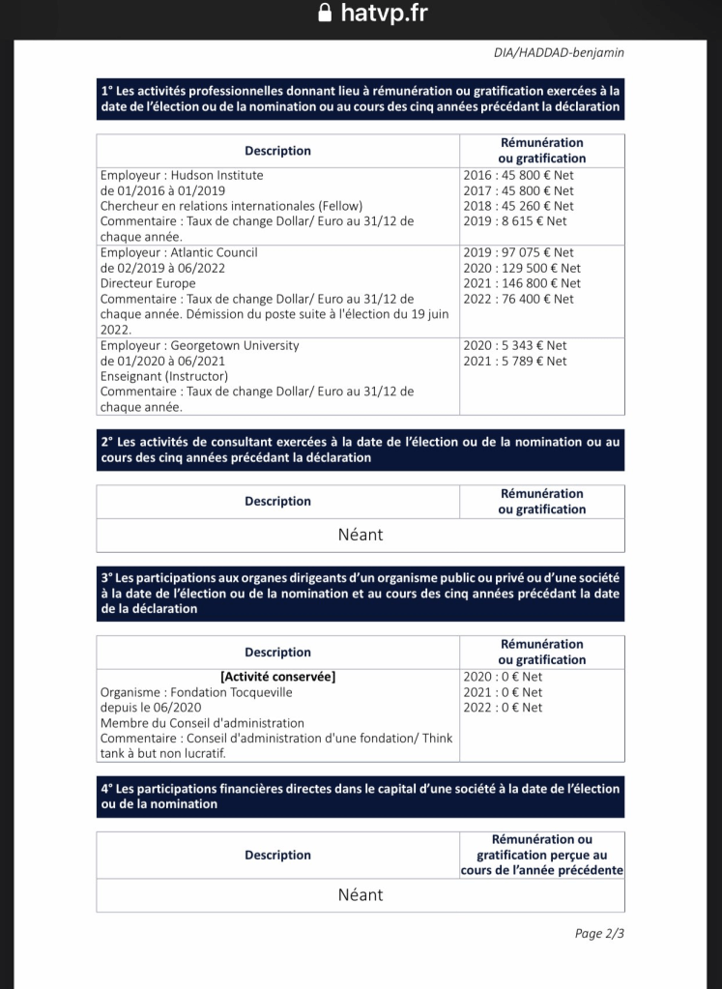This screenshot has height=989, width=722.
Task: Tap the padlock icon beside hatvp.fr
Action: coord(325,13)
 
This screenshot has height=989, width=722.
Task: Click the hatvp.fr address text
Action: coord(384,13)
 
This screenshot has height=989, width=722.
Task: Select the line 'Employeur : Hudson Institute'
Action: coord(182,176)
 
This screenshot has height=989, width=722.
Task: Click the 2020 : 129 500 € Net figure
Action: coord(522,268)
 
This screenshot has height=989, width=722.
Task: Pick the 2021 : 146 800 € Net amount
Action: coord(522,283)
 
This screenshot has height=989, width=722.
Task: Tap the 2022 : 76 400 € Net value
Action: coord(518,299)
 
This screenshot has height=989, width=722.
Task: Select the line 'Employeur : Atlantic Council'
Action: coord(179,252)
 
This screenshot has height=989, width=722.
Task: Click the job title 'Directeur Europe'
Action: coord(148,283)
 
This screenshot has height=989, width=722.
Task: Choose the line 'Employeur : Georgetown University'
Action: coord(199,345)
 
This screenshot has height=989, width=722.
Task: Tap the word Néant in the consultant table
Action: coord(361,535)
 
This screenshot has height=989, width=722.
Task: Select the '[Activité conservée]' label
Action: coord(278,677)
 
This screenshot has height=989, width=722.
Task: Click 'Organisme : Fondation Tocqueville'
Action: coord(196,692)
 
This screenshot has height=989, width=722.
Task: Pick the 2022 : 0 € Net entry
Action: coord(503,708)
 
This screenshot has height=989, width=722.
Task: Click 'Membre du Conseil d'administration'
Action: coord(202,723)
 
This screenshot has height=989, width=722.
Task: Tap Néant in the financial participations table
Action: coord(361,895)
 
